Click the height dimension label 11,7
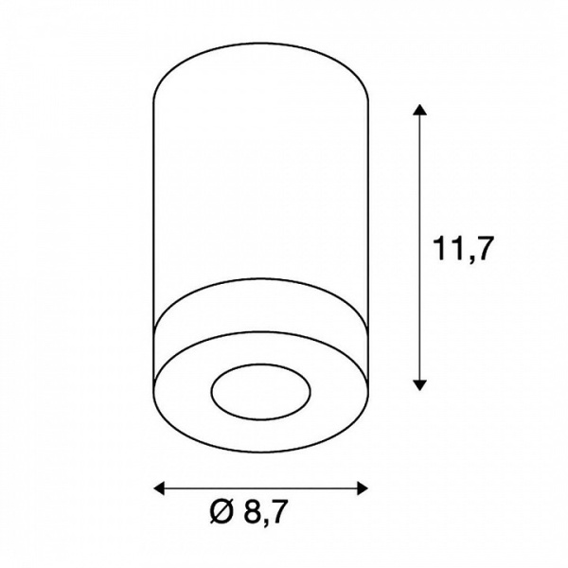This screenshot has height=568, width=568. [464, 250]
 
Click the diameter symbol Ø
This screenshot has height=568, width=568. [221, 511]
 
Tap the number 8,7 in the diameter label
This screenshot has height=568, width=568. [265, 512]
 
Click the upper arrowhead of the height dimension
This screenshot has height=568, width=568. [419, 110]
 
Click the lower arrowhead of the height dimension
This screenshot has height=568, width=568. [419, 384]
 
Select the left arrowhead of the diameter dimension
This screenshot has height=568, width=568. [159, 488]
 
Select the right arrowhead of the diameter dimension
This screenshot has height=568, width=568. [363, 488]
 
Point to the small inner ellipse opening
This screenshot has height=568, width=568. [261, 392]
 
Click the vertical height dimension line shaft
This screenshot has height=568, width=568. [419, 247]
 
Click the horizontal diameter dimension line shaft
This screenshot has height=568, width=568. [261, 488]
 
